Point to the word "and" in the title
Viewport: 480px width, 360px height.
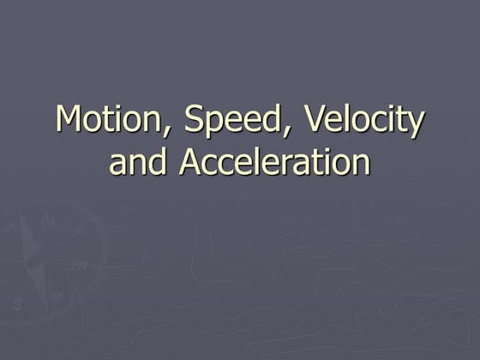[x=138, y=162]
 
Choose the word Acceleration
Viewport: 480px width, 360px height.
[x=274, y=162]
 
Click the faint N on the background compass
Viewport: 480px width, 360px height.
[x=49, y=219]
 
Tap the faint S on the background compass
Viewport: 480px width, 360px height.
[x=17, y=303]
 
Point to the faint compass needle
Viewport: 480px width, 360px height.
[x=33, y=257]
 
